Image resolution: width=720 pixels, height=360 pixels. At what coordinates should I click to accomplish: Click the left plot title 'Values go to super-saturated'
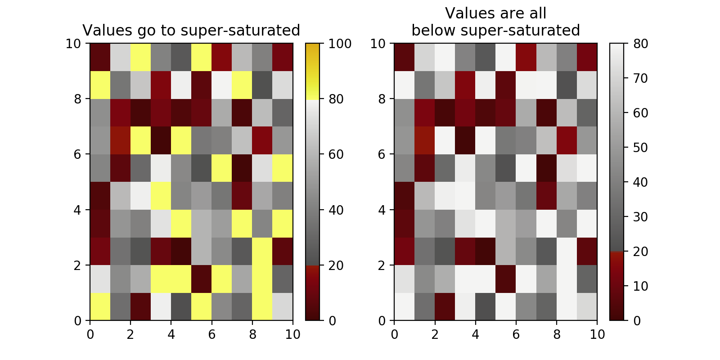191,31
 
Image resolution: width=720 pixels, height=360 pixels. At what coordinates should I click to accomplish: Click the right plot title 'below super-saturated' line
495,31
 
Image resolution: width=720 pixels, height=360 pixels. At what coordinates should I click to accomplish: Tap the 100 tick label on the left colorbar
340,44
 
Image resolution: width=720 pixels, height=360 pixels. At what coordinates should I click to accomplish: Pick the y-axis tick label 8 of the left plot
78,99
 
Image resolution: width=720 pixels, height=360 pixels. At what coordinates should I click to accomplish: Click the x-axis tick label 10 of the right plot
597,335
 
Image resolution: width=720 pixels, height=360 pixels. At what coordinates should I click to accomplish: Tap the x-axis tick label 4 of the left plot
171,335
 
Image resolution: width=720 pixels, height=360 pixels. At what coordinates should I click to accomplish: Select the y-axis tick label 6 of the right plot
382,154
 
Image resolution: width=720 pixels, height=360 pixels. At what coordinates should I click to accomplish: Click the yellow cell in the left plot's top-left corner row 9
100,85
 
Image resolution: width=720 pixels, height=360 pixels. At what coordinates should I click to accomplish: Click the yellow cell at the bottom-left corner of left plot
100,307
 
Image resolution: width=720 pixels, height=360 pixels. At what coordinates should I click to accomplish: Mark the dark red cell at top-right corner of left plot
283,57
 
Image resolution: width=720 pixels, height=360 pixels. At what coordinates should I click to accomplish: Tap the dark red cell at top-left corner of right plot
404,57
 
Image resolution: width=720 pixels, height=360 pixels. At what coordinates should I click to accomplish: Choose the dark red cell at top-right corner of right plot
587,57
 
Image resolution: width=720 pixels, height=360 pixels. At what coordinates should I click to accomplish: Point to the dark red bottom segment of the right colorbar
617,288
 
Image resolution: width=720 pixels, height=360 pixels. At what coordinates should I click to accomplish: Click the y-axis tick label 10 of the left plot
74,44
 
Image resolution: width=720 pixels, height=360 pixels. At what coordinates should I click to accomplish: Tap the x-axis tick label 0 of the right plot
394,335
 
